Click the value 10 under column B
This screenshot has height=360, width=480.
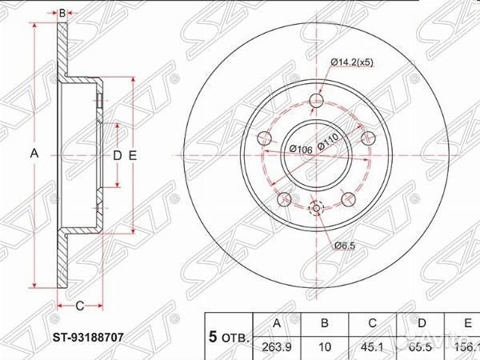click(325, 346)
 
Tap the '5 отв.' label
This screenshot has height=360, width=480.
click(229, 336)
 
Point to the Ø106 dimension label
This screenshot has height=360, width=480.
click(300, 150)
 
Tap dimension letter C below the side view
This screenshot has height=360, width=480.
click(79, 306)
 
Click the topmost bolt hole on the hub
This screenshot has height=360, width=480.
click(317, 102)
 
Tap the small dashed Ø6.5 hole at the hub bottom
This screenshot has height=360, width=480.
click(316, 209)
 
